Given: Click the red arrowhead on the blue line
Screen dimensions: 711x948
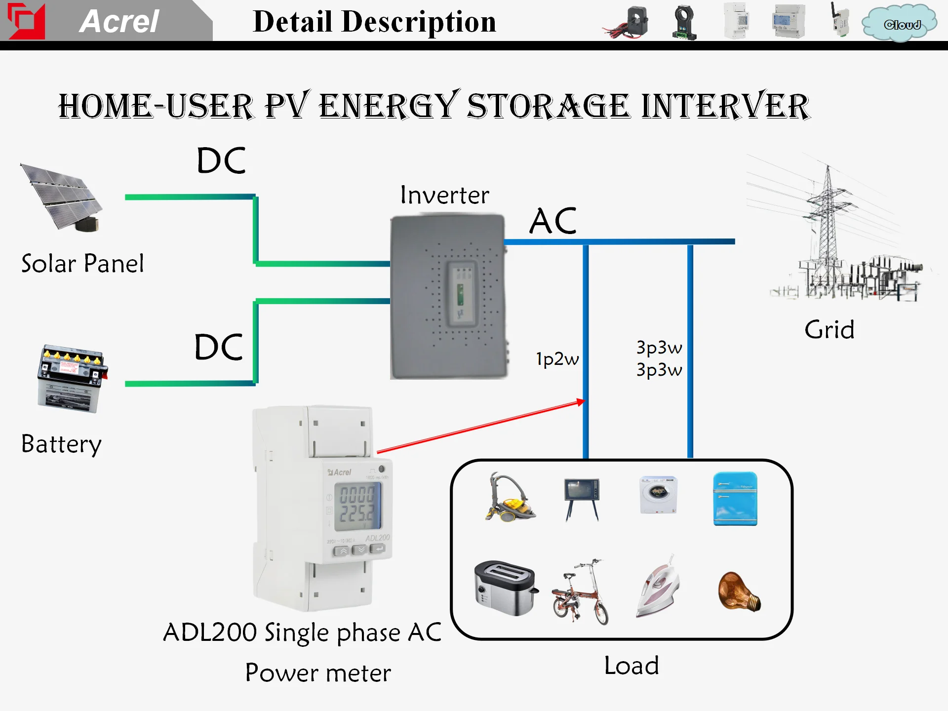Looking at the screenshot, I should (581, 402).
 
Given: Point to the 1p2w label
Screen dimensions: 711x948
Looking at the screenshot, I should (557, 359).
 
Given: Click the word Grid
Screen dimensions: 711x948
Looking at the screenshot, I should (829, 330).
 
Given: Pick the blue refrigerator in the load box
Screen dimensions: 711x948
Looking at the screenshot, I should (735, 499).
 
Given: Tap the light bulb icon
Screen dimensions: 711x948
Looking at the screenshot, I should (739, 592).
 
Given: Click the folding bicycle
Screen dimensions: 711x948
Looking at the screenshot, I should (581, 592).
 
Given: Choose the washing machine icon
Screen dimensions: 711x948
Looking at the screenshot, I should (658, 495).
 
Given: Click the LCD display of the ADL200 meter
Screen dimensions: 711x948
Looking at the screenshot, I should (357, 505).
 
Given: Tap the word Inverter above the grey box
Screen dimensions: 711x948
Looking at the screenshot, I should (444, 195).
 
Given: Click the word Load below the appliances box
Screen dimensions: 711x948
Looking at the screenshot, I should (632, 666).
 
